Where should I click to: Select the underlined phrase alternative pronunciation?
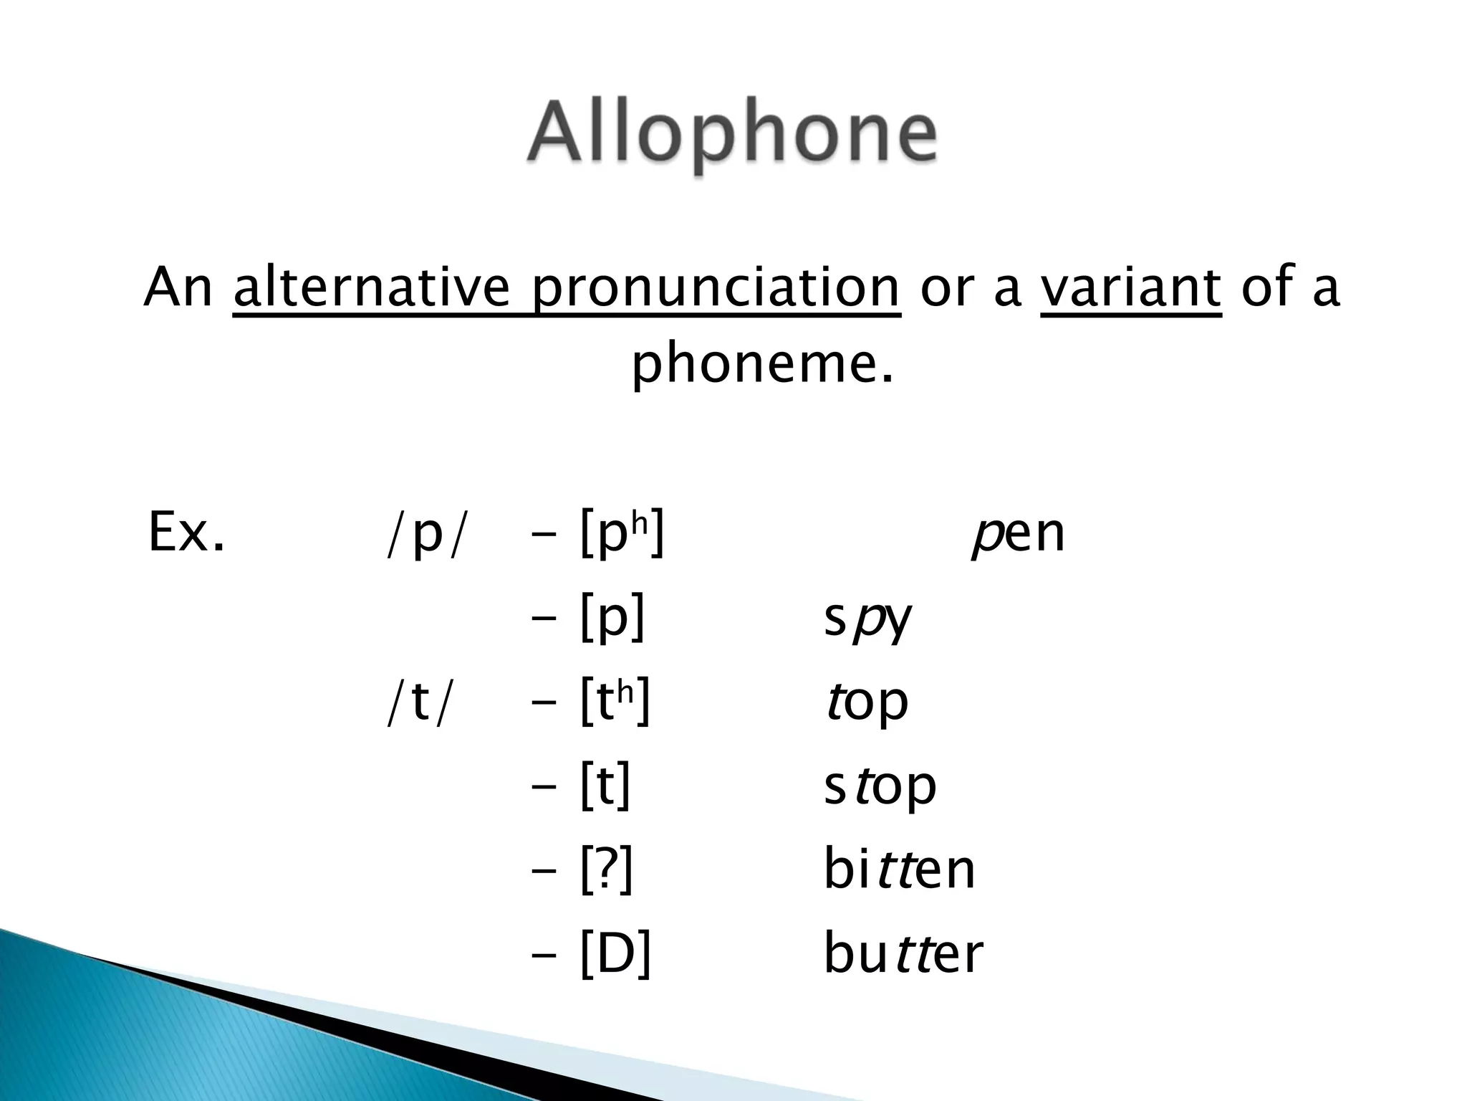click(566, 287)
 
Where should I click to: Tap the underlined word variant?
click(1130, 287)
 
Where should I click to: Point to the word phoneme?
click(762, 364)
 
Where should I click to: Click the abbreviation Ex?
click(186, 533)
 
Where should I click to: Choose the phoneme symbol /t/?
click(420, 703)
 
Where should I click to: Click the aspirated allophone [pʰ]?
click(622, 533)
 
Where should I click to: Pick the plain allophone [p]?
click(613, 618)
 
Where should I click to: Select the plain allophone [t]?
click(606, 786)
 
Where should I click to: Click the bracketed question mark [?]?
click(607, 870)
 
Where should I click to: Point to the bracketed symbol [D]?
click(615, 954)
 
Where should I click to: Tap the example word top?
click(866, 703)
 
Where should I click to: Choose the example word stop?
click(880, 787)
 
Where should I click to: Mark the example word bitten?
click(899, 870)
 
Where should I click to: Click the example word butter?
click(903, 954)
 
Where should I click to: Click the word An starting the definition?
click(178, 287)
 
